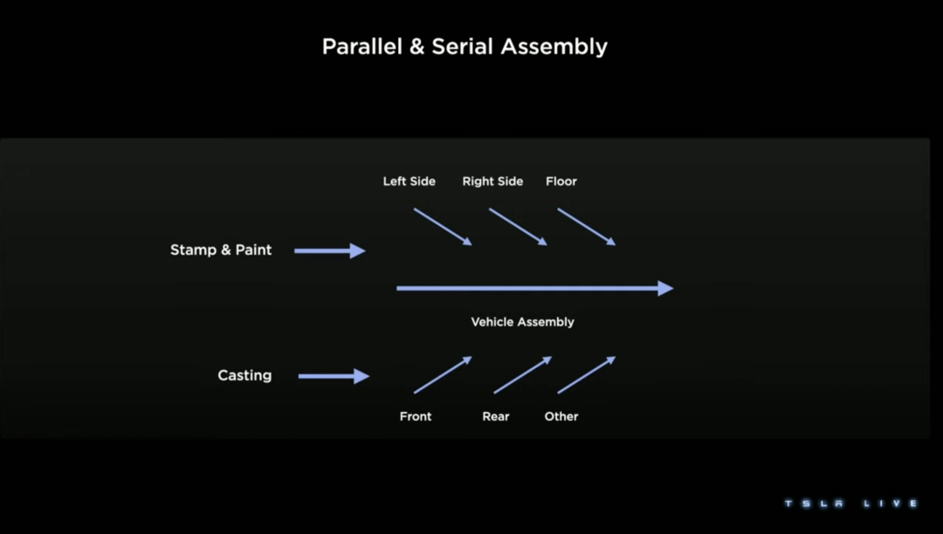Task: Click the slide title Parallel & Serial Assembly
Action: [x=465, y=46]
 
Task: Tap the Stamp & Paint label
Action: [x=221, y=250]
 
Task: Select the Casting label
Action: [x=244, y=376]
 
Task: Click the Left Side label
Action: [x=409, y=181]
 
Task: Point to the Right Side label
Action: [x=492, y=181]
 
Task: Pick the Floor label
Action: [x=561, y=181]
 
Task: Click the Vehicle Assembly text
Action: [x=522, y=322]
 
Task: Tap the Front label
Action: [x=416, y=416]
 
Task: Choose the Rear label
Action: [x=495, y=416]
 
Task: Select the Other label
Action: [x=561, y=416]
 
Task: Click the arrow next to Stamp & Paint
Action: [x=329, y=251]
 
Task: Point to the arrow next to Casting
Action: [x=334, y=376]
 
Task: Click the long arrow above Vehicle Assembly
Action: [x=534, y=288]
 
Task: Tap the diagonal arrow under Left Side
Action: [x=443, y=227]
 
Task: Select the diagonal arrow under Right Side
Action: [x=518, y=227]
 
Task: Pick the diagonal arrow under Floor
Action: [x=587, y=227]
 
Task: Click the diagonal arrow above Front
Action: [x=443, y=375]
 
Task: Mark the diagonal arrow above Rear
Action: [x=522, y=375]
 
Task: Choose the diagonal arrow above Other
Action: [x=587, y=375]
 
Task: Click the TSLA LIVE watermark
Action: [x=850, y=503]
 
